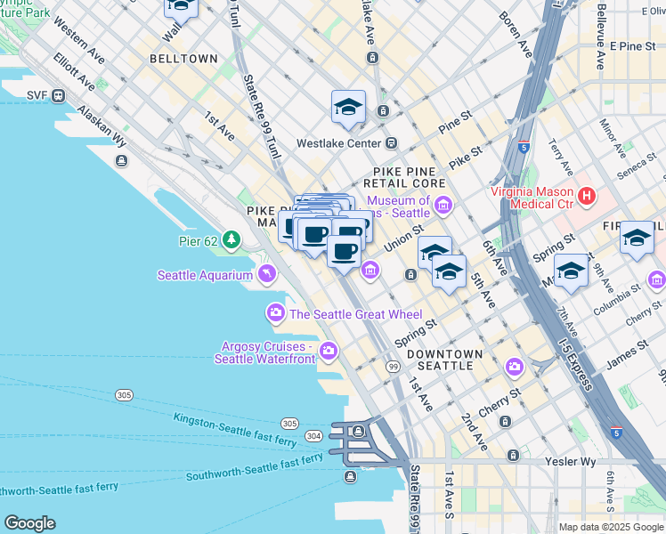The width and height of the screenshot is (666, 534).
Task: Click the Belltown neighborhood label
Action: coord(184,58)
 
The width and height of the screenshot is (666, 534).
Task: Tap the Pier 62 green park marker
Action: coord(231,239)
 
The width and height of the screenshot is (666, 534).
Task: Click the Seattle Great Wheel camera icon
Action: coord(276,312)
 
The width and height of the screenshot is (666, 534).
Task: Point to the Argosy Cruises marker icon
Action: coord(329,350)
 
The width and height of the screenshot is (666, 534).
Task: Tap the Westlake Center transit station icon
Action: coord(391,143)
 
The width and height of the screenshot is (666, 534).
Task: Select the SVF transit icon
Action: coord(59,96)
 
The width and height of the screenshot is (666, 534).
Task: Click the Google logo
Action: coord(29,522)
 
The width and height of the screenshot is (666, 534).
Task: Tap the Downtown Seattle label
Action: coord(444,360)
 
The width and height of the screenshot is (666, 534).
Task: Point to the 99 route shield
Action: coord(393,367)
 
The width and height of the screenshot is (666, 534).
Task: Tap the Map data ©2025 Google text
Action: coord(610,527)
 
